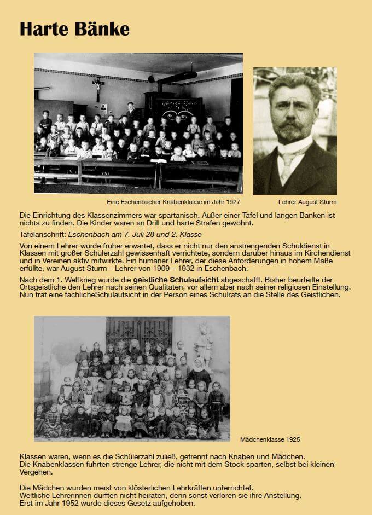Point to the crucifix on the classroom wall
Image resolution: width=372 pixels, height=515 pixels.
98,86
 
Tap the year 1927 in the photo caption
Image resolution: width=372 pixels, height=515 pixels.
232,202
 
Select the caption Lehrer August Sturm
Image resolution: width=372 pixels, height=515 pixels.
307,202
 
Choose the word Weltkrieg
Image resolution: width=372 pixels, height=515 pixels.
75,279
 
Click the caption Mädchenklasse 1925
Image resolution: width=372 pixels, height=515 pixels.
270,439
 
